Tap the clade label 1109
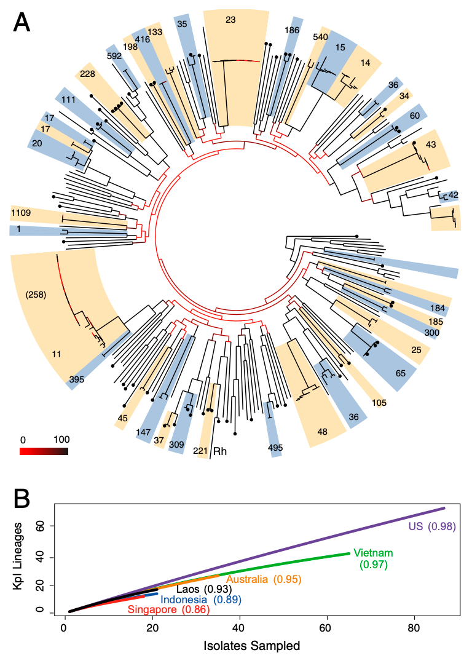click(x=22, y=213)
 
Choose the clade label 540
click(x=320, y=37)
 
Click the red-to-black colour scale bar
click(x=44, y=451)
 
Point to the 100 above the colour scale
click(x=61, y=440)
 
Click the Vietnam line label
click(x=372, y=552)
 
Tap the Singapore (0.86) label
click(x=168, y=610)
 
